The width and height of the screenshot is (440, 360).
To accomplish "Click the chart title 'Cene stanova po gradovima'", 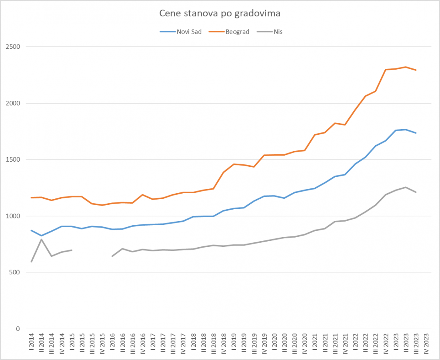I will (x=220, y=14).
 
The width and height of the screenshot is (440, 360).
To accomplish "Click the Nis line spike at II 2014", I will (x=42, y=240).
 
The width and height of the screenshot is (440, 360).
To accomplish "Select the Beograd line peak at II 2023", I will (x=406, y=67).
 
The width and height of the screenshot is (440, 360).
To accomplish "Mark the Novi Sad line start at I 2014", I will (x=32, y=230).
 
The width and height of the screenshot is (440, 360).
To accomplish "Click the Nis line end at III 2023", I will (x=416, y=192).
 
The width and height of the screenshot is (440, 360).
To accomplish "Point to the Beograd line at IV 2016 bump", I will (x=143, y=195).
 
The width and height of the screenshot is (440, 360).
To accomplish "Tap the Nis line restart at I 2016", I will (x=113, y=256).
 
